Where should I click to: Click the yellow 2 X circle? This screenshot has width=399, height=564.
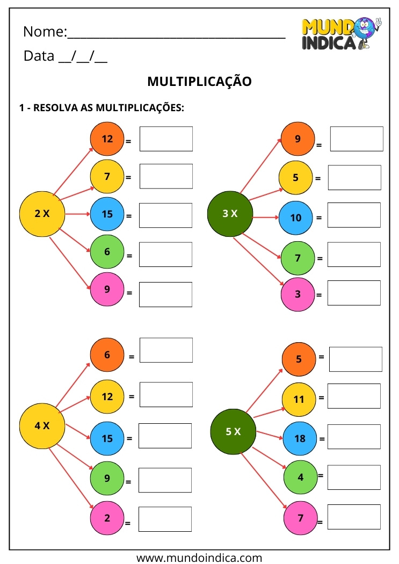click(42, 214)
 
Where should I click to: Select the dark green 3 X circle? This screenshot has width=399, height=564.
click(230, 214)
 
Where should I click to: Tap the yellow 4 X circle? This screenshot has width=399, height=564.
click(42, 426)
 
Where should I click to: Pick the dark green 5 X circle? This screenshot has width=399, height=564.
click(234, 431)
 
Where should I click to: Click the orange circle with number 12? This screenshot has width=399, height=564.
click(107, 139)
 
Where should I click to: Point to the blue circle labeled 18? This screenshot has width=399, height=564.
click(300, 438)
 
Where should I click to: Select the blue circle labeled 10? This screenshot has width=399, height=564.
click(296, 218)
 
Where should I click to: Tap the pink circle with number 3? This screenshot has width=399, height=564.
click(298, 294)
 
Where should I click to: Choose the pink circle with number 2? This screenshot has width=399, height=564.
click(107, 518)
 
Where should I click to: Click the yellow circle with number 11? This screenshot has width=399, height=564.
click(299, 400)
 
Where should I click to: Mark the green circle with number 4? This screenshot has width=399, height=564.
click(300, 477)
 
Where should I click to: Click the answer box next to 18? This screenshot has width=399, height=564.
click(354, 437)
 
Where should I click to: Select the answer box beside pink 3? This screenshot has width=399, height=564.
click(354, 293)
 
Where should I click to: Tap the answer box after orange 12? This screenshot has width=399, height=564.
click(166, 139)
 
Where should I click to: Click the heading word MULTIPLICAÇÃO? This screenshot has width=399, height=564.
click(199, 82)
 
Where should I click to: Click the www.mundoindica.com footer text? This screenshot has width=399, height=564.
click(199, 558)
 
